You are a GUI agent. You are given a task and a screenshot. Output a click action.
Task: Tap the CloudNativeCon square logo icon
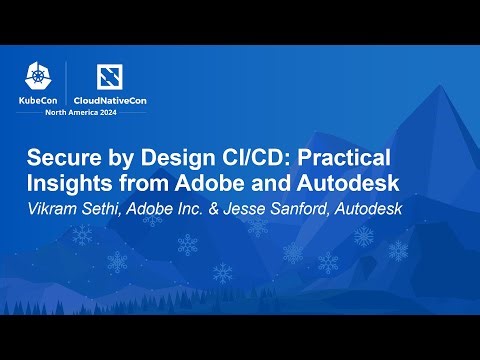tap(110, 77)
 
